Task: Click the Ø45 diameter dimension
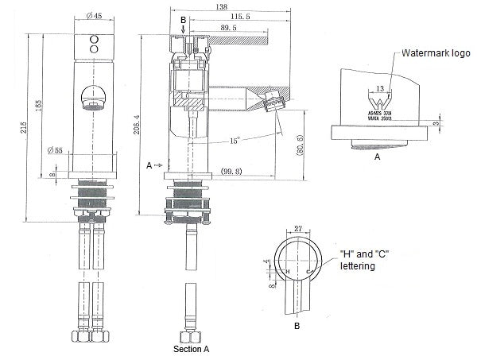coord(92,15)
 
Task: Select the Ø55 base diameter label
coord(55,149)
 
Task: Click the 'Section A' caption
coord(192,349)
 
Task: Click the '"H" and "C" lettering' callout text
coord(369,260)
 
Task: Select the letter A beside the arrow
coord(148,165)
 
